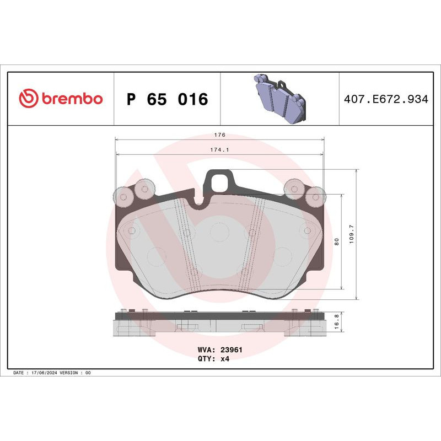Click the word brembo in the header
coord(71,99)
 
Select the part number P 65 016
coord(168,100)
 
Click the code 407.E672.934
coord(385,100)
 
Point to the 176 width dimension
coord(220,135)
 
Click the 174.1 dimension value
coord(220,149)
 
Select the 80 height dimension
coord(336,241)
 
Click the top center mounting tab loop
coord(219,179)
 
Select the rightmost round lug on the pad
coord(316,196)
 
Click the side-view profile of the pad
coord(219,322)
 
